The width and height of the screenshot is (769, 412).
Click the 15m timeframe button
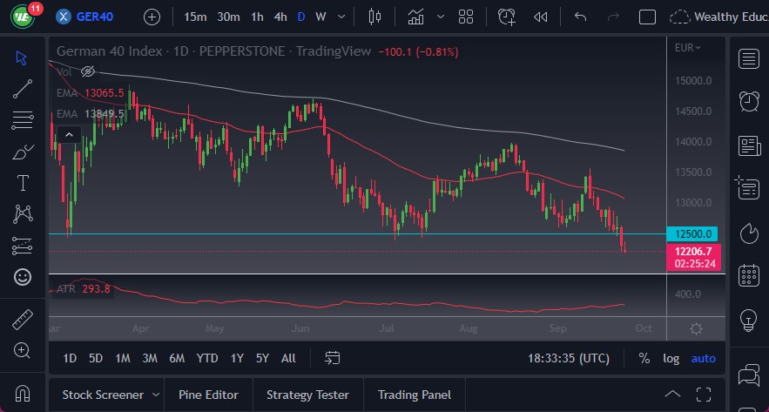[x=196, y=17]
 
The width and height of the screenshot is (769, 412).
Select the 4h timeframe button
[x=280, y=17]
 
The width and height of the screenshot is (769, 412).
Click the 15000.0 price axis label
[x=694, y=81]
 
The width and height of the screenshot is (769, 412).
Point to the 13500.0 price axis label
[x=694, y=172]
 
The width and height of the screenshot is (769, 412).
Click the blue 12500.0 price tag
[x=693, y=233]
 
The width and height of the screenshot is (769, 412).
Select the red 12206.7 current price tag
[x=693, y=251]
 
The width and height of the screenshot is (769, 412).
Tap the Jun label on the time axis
[x=301, y=328]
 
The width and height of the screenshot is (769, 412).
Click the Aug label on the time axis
[x=469, y=328]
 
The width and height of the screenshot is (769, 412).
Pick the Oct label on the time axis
[x=644, y=328]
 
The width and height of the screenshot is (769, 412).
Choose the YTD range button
[x=206, y=358]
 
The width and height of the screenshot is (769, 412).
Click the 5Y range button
[x=262, y=358]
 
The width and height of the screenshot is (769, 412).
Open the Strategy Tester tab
[x=307, y=395]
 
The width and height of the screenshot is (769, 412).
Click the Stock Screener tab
[x=102, y=395]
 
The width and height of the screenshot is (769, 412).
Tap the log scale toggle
[x=671, y=358]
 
